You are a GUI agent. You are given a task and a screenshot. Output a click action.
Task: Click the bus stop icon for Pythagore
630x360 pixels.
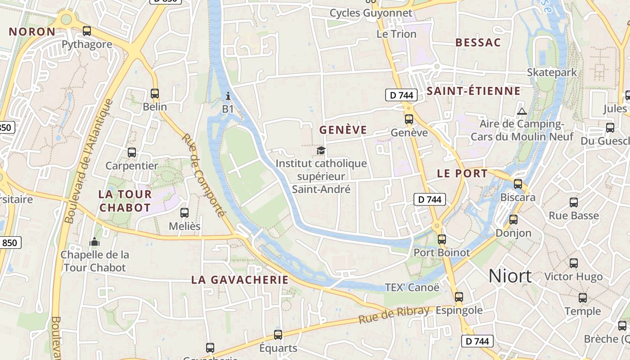[x=87, y=31]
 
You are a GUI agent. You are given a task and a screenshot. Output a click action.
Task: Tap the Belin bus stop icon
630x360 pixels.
[x=155, y=94]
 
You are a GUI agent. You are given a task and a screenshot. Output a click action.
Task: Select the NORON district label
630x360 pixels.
[x=32, y=31]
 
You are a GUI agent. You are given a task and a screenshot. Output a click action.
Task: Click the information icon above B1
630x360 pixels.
[x=228, y=96]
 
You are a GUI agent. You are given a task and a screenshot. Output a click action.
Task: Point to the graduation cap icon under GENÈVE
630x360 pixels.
[x=321, y=150]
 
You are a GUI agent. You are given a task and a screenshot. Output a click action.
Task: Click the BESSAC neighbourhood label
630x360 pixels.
[x=478, y=43]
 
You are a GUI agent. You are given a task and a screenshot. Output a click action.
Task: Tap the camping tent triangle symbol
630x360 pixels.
[x=522, y=111]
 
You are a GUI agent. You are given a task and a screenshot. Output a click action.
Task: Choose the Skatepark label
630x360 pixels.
[x=552, y=72]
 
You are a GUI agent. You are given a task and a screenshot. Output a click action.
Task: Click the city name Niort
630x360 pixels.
[x=510, y=275]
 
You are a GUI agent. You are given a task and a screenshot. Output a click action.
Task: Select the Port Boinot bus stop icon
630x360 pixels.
[x=442, y=239]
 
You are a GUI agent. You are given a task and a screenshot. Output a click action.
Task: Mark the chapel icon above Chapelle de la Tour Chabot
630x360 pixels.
[x=94, y=242]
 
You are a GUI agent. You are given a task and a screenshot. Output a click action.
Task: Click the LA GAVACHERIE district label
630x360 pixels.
[x=240, y=279]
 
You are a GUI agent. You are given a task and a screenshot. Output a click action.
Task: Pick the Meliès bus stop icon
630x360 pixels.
[x=184, y=213]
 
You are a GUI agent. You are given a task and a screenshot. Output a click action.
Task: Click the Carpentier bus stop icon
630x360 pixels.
[x=132, y=153]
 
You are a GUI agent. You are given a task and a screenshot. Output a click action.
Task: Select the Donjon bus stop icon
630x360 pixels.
[x=513, y=220]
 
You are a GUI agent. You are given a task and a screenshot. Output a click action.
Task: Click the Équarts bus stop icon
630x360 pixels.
[x=278, y=335]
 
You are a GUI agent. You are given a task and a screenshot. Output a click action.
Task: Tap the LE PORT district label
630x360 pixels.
[x=462, y=173]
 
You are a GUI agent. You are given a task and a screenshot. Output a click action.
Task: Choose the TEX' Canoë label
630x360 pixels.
[x=412, y=287]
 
